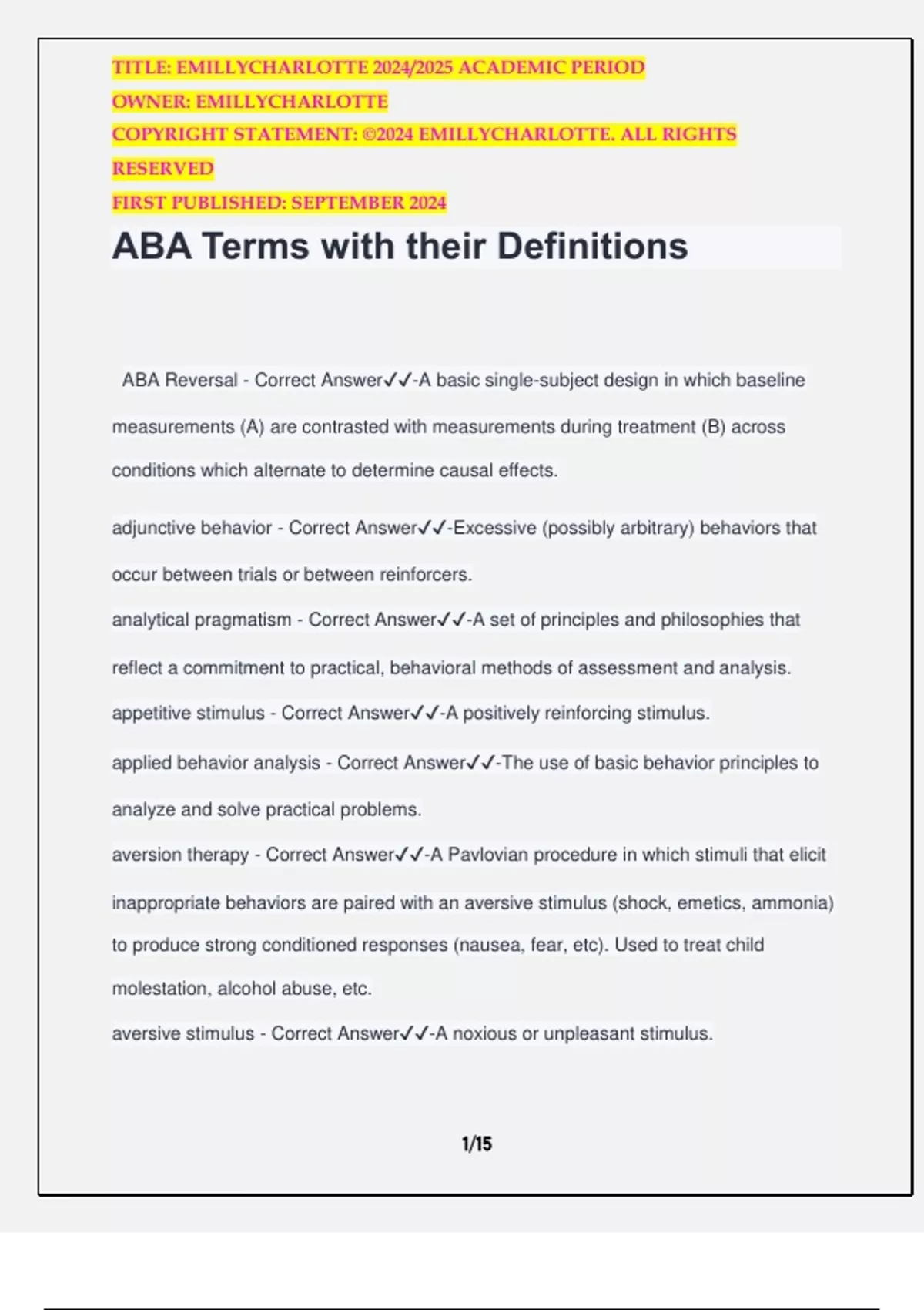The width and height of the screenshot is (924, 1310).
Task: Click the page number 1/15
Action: (x=477, y=1144)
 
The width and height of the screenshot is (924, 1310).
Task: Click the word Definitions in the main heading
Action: (x=592, y=247)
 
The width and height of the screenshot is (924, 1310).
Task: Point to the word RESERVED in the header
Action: (x=162, y=169)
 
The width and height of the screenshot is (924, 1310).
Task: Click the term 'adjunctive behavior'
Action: (x=192, y=528)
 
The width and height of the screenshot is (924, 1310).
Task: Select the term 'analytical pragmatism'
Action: (x=202, y=620)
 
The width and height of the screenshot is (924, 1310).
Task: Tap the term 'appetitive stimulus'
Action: (x=188, y=713)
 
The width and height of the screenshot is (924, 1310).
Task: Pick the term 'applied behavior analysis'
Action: (x=216, y=763)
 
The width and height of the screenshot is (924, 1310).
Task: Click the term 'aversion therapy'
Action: (x=180, y=855)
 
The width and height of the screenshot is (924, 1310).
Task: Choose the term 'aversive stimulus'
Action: (x=182, y=1033)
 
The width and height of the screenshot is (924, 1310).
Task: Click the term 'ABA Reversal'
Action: (x=179, y=380)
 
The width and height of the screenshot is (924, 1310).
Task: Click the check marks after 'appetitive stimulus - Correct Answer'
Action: (x=425, y=713)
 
